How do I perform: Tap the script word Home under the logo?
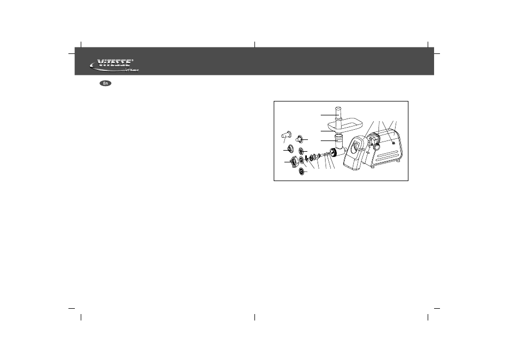click(132, 70)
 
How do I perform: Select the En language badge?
click(105, 83)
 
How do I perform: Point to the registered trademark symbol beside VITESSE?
click(133, 60)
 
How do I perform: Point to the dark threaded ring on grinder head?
click(334, 152)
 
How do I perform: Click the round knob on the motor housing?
click(377, 146)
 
